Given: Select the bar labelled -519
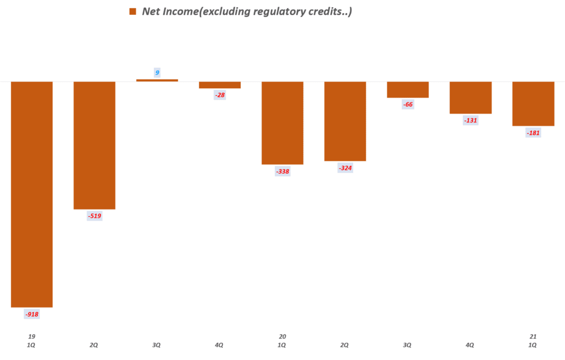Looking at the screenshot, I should [x=94, y=145].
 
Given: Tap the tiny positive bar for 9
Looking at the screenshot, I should [x=157, y=80].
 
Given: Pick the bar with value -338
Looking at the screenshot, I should [x=282, y=123].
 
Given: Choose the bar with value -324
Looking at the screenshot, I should [x=345, y=121].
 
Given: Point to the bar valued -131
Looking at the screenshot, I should [x=471, y=98].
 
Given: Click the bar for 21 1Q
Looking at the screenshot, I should [x=533, y=104].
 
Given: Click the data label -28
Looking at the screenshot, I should [x=220, y=95].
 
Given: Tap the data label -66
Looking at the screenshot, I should [x=408, y=105].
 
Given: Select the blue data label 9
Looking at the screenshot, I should [x=157, y=72].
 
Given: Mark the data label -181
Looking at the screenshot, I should [x=533, y=133].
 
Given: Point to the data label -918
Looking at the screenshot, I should [x=31, y=314].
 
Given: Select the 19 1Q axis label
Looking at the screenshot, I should [x=31, y=341].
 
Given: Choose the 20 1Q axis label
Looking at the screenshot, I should [x=282, y=341].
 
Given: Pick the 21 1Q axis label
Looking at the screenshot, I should [x=533, y=341].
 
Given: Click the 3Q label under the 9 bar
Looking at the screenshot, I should [x=157, y=345].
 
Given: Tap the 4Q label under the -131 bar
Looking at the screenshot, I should [x=471, y=345].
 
